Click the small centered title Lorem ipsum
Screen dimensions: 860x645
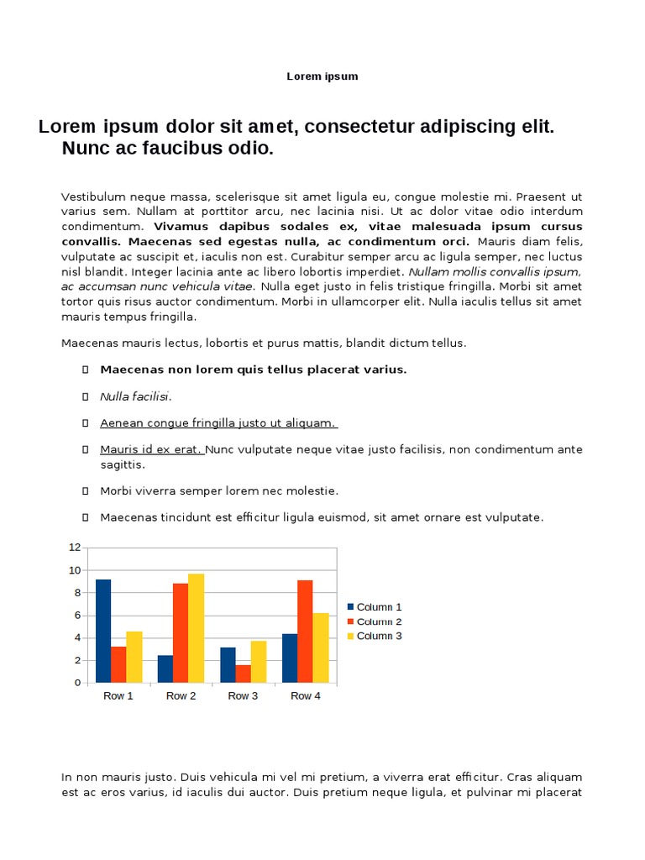[322, 76]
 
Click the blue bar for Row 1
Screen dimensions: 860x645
[103, 631]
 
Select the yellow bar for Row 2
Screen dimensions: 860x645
[196, 627]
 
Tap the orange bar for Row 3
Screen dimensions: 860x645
[243, 673]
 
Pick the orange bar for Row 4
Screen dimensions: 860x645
[305, 631]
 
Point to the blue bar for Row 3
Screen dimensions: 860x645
[228, 664]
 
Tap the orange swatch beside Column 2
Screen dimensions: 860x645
[351, 621]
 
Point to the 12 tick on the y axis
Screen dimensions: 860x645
[75, 548]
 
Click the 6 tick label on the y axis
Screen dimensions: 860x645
[77, 616]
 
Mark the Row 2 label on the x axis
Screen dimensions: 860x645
[181, 696]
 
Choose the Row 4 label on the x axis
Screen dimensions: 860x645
[305, 696]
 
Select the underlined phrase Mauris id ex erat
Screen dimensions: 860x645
[151, 449]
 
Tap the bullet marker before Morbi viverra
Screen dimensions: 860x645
[86, 491]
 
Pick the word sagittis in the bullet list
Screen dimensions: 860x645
[123, 464]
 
